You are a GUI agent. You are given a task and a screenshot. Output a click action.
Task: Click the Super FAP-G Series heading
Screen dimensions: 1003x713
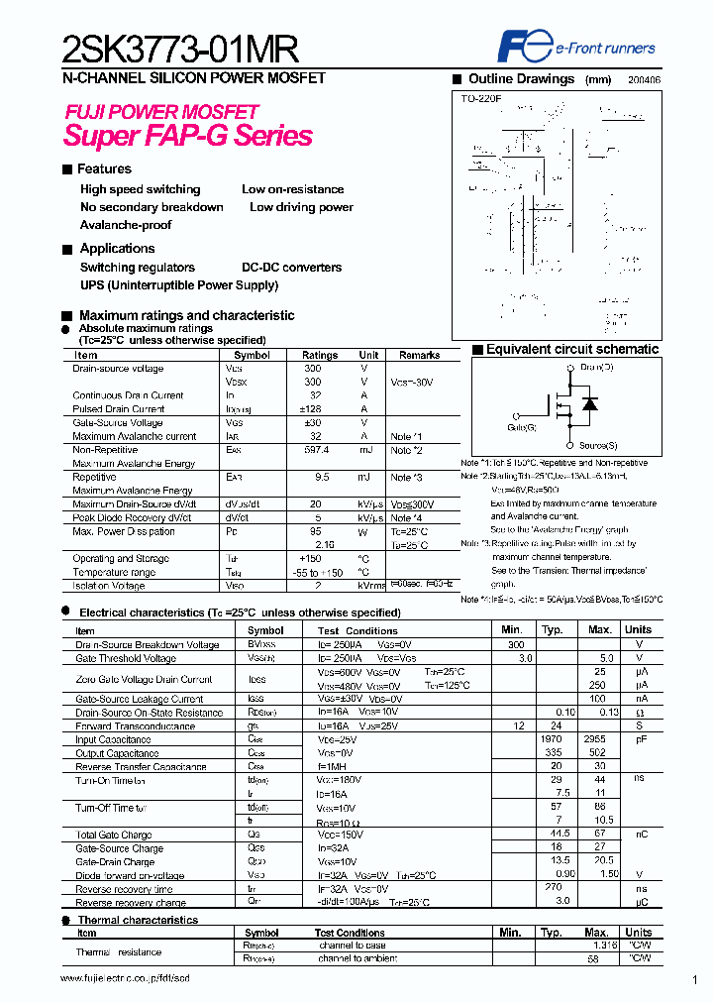pyautogui.click(x=188, y=136)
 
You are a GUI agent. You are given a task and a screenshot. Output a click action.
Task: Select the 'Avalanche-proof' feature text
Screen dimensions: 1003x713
pyautogui.click(x=126, y=225)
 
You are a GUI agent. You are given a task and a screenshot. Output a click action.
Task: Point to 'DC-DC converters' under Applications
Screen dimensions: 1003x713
pyautogui.click(x=291, y=268)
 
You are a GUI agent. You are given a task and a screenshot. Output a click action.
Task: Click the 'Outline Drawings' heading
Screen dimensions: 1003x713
pyautogui.click(x=521, y=79)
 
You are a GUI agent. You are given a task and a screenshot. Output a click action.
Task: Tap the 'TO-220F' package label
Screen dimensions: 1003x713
pyautogui.click(x=482, y=99)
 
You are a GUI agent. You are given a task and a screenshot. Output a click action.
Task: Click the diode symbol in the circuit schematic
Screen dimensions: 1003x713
pyautogui.click(x=590, y=403)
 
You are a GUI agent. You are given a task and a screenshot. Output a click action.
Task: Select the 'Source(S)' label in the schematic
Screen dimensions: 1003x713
pyautogui.click(x=598, y=445)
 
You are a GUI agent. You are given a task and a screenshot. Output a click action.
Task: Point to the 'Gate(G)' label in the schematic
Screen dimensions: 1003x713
pyautogui.click(x=521, y=427)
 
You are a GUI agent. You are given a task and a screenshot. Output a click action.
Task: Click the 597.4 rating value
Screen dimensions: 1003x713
pyautogui.click(x=315, y=450)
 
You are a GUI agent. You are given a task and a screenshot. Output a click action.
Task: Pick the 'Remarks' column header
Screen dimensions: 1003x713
pyautogui.click(x=419, y=355)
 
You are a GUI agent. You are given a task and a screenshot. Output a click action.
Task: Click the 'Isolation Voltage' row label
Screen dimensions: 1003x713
pyautogui.click(x=109, y=586)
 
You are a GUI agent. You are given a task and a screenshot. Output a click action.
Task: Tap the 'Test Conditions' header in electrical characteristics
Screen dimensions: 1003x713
pyautogui.click(x=357, y=630)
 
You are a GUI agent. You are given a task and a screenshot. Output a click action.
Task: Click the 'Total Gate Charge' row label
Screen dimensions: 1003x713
pyautogui.click(x=114, y=836)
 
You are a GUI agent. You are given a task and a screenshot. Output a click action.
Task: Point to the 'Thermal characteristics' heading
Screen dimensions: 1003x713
pyautogui.click(x=138, y=920)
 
